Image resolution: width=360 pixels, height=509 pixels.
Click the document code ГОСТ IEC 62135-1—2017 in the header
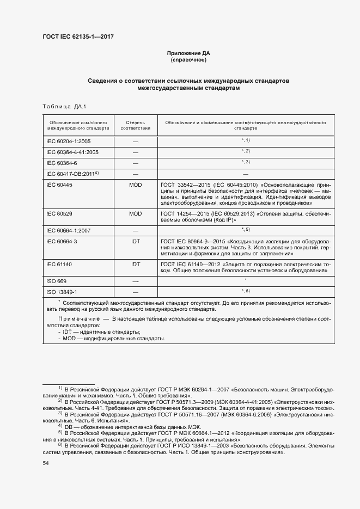coord(78,37)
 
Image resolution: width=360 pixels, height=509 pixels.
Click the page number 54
coord(46,463)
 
